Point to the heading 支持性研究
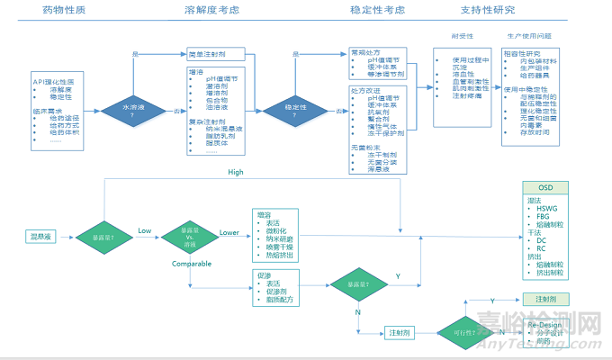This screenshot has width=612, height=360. click(x=513, y=10)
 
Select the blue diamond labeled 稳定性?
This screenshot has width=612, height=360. click(x=293, y=109)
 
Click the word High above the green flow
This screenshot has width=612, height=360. click(x=236, y=172)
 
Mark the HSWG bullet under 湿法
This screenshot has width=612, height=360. click(x=549, y=208)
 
